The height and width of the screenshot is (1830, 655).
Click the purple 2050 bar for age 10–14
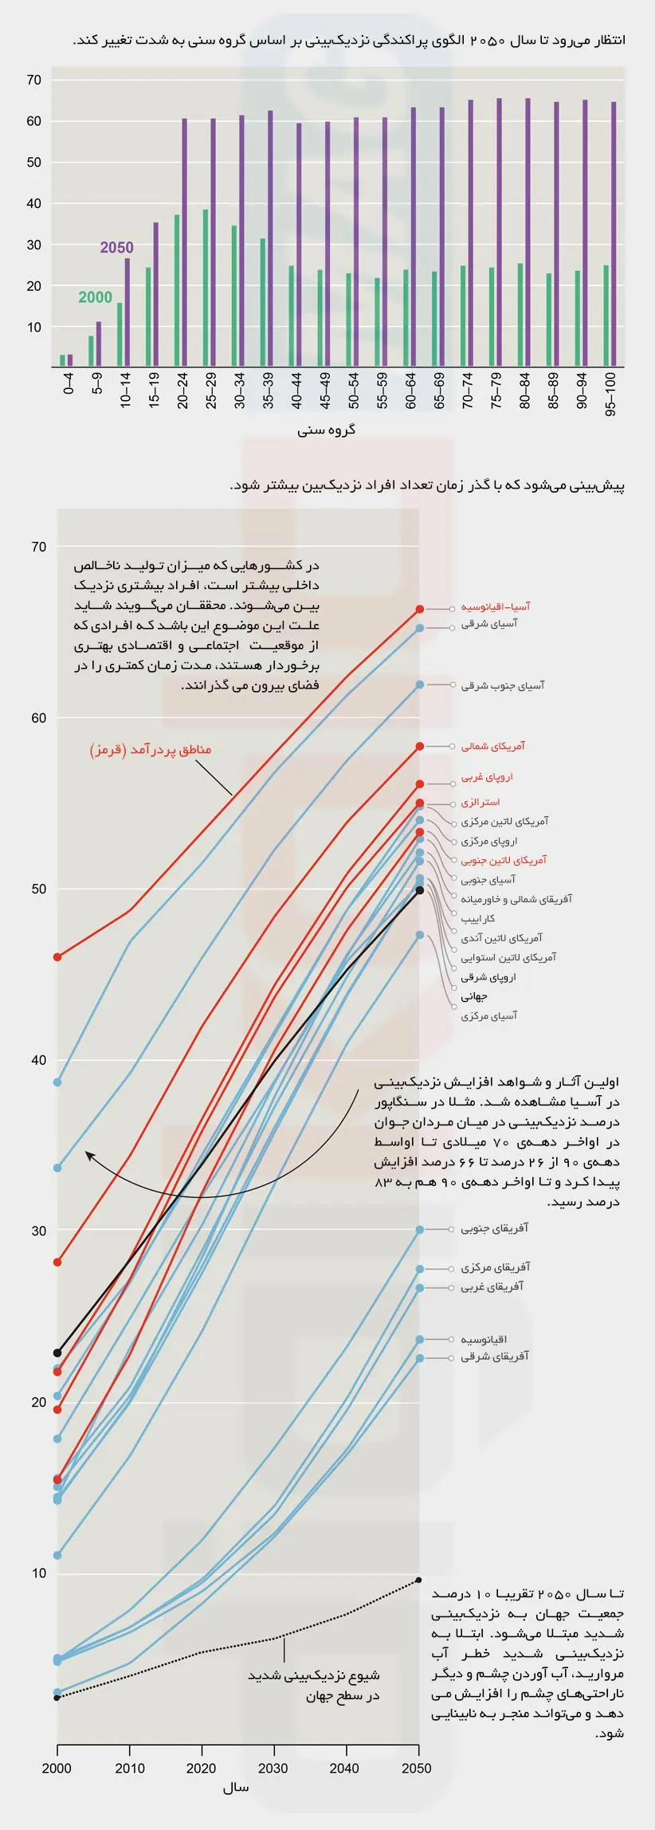click(x=127, y=312)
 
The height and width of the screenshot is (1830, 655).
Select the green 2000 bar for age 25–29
click(x=206, y=288)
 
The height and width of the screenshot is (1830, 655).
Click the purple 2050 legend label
click(x=116, y=248)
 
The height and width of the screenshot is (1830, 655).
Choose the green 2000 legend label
click(x=95, y=297)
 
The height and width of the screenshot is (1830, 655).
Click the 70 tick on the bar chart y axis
click(x=33, y=80)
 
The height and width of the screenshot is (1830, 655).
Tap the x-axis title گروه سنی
click(x=327, y=430)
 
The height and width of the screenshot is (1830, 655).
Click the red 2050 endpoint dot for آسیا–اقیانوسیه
click(x=420, y=609)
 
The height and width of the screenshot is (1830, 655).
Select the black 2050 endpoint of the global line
click(x=420, y=890)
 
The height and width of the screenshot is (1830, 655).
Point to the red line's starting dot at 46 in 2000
click(x=57, y=956)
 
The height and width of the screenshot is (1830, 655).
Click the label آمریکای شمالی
click(x=492, y=746)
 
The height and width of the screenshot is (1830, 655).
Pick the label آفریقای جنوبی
click(x=494, y=1228)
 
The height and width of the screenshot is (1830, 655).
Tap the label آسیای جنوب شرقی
click(x=502, y=685)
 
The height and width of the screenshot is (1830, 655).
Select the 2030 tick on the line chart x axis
click(x=273, y=1768)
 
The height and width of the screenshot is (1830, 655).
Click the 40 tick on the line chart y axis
click(x=38, y=1060)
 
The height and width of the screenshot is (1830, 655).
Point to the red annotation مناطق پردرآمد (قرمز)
click(x=151, y=749)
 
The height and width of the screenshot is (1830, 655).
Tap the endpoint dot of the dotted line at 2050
click(x=419, y=1580)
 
